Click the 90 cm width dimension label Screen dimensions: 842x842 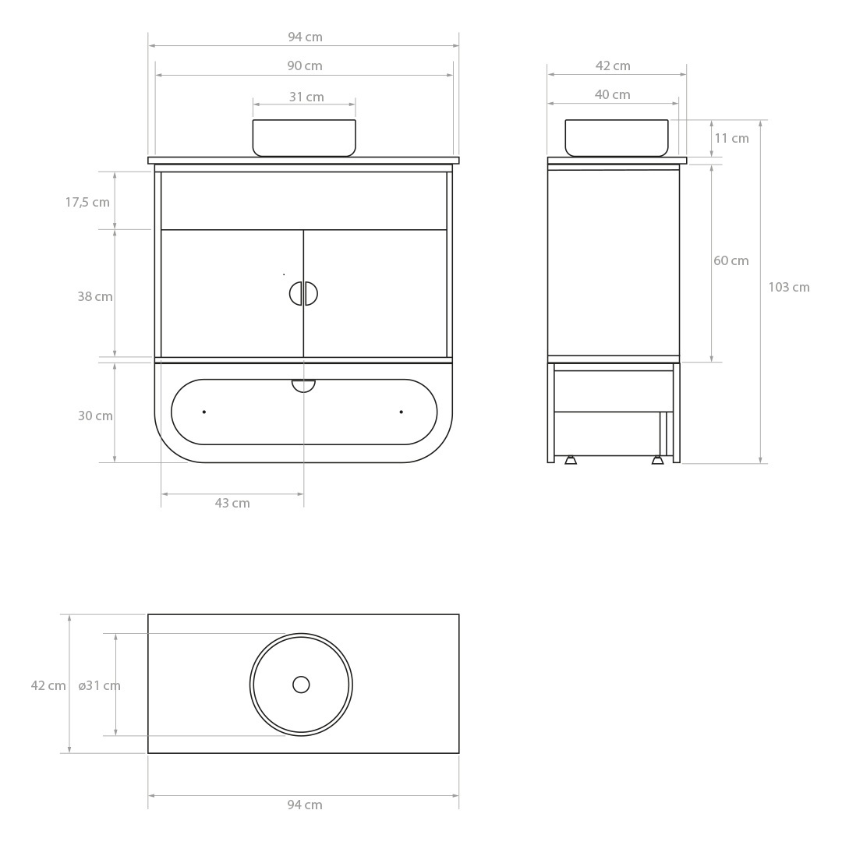tap(305, 66)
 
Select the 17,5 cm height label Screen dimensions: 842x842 tap(87, 203)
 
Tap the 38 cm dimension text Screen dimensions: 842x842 tap(95, 296)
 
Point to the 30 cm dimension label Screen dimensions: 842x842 tap(95, 416)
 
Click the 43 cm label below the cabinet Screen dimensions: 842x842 tap(232, 503)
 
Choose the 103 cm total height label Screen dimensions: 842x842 tap(789, 287)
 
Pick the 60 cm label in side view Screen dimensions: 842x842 tap(731, 260)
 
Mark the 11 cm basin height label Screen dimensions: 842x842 tap(731, 138)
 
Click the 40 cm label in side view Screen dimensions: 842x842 tap(612, 94)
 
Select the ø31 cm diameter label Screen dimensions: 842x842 tap(99, 686)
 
